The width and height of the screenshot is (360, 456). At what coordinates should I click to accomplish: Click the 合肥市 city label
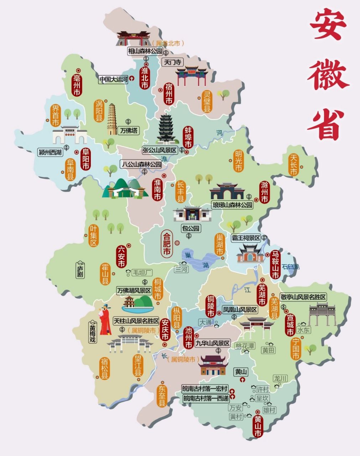coord(166,244)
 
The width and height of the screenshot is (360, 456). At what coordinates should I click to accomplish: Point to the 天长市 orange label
coord(293,165)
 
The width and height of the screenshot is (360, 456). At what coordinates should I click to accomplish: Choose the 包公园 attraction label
coord(191,228)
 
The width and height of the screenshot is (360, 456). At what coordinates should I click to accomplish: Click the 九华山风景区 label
coord(212,343)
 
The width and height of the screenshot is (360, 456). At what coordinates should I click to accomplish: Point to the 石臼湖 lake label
coord(291,267)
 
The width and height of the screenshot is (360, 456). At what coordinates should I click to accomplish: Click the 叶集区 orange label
coord(94,235)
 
